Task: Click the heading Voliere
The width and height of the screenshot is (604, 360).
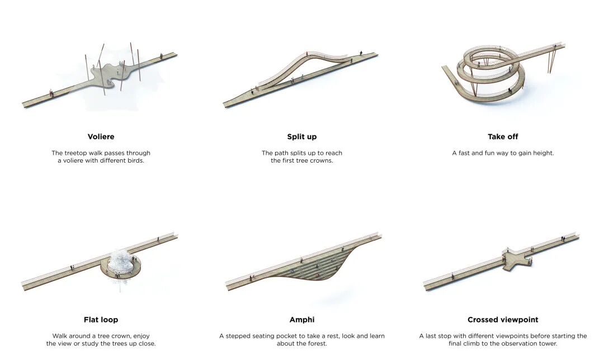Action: click(101, 136)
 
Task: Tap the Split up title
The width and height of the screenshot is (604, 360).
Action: click(302, 136)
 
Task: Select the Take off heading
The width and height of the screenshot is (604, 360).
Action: click(503, 136)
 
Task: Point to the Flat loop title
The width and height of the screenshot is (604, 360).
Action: click(101, 320)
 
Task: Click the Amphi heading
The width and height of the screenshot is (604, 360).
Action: click(302, 320)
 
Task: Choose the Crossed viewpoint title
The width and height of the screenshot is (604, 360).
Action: click(503, 320)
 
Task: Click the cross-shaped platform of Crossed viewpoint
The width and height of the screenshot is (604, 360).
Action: click(516, 259)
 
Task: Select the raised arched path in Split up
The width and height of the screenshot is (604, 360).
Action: click(302, 62)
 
